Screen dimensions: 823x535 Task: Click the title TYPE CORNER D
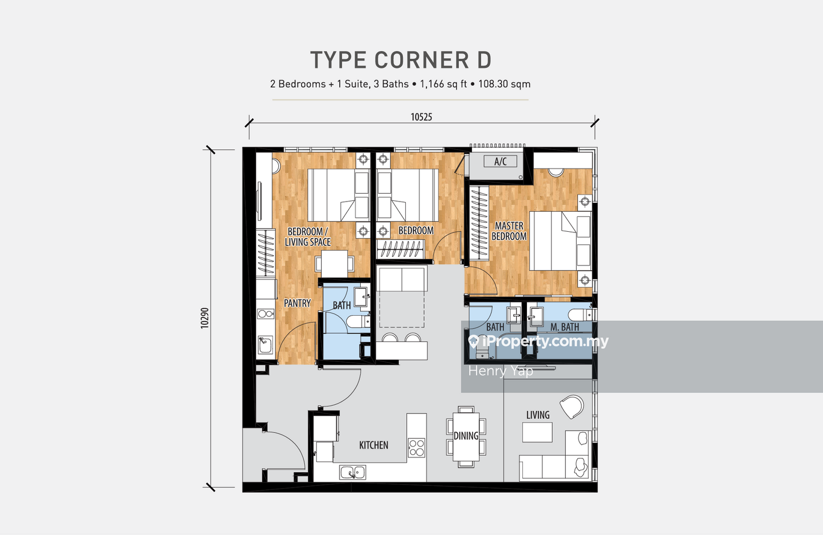point(401,60)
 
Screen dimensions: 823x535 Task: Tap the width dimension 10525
point(421,117)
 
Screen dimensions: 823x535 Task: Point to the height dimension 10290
point(205,318)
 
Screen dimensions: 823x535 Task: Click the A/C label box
point(500,162)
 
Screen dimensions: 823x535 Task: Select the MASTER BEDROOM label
point(509,231)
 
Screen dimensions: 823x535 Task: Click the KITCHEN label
point(374,445)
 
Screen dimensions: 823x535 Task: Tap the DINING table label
point(466,436)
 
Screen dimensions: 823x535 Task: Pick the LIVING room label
point(538,415)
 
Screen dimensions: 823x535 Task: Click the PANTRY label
point(297,303)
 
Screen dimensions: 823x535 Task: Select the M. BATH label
point(565,327)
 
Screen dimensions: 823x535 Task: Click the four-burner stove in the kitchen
point(417,448)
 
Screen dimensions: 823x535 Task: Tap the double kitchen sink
point(352,472)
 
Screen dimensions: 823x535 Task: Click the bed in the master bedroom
point(560,241)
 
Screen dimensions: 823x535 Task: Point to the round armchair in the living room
point(572,407)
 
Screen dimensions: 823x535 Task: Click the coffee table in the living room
point(537,432)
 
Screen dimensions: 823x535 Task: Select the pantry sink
point(265,345)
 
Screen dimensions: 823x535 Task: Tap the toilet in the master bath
point(581,315)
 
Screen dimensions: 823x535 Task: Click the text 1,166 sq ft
point(444,84)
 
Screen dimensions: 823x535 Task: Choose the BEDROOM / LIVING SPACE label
point(307,237)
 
